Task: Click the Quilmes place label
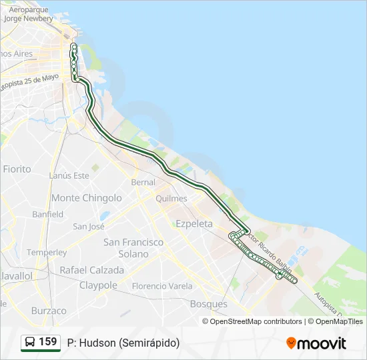click(171, 199)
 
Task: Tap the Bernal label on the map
click(143, 182)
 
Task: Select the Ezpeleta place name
click(194, 224)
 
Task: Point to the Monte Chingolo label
click(87, 198)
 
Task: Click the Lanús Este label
click(69, 176)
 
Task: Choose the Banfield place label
click(48, 215)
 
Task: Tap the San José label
click(89, 227)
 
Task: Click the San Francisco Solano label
click(133, 248)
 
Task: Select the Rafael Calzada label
click(92, 271)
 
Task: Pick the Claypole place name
click(99, 285)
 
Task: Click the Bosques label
click(209, 304)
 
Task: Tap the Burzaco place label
click(49, 311)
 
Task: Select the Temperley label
click(47, 253)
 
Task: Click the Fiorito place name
click(17, 169)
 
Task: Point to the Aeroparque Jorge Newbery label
click(28, 15)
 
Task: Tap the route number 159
click(48, 342)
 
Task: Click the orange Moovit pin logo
click(291, 343)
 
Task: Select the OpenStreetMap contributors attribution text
click(256, 321)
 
